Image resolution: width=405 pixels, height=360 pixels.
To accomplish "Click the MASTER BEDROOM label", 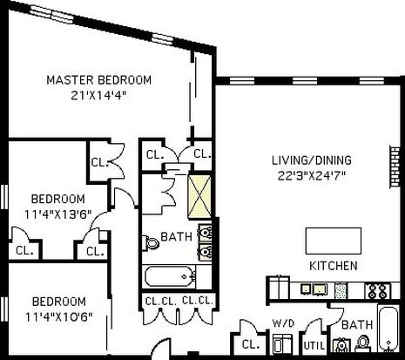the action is point(99,80).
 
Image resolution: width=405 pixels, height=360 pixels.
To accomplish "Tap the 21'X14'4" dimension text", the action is point(99,95).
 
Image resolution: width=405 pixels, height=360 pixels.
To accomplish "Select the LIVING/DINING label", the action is point(312,160).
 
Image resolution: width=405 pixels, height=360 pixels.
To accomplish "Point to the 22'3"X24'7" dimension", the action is point(312,175).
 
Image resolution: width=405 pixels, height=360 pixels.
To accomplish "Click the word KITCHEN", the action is point(334,266).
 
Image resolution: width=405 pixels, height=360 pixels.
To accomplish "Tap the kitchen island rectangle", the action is point(334,241).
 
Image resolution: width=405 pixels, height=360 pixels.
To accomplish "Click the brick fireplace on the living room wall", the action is point(395,166).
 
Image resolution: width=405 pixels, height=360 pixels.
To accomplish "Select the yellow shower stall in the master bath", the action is point(199,197).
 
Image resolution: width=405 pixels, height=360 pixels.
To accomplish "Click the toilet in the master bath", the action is point(151,242).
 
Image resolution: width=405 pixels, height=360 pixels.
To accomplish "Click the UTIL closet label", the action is point(314,346).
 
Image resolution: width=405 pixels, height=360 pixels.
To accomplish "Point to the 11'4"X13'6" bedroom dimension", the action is point(57,214).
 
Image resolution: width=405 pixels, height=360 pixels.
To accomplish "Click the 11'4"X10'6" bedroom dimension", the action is point(58,316).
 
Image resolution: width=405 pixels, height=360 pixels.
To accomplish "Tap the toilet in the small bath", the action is point(362,343).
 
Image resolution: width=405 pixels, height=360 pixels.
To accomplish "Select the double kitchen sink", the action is point(314,289).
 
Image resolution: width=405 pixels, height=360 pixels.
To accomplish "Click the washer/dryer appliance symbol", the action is point(283,343).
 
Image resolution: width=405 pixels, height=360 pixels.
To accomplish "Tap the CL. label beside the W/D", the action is point(251,344).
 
